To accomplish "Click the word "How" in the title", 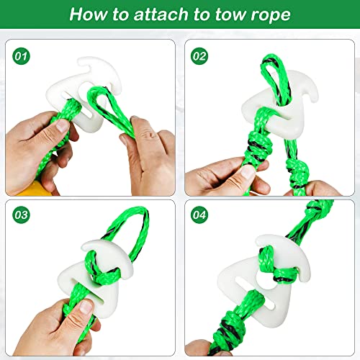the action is (x=88, y=14).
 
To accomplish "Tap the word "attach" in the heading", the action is (x=161, y=14).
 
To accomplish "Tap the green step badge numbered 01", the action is (x=21, y=56).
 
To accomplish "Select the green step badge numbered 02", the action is (x=199, y=56).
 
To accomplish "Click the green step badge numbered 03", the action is (x=21, y=215).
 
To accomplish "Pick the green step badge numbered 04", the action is (x=199, y=215).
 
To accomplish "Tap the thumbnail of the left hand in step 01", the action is (x=62, y=125).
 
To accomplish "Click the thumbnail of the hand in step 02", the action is (x=248, y=172).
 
